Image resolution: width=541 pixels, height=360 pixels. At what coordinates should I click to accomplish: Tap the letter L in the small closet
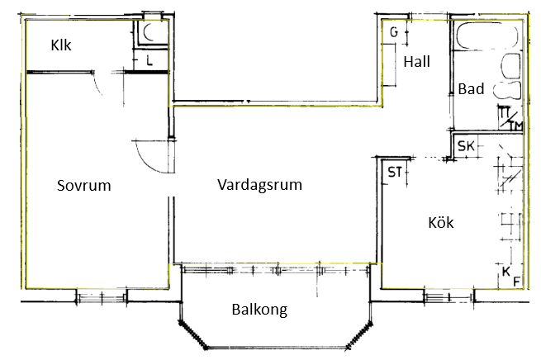click(x=149, y=61)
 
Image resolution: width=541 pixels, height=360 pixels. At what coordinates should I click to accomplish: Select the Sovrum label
click(x=84, y=185)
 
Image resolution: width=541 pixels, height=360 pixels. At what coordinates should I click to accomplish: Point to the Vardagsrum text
click(x=259, y=185)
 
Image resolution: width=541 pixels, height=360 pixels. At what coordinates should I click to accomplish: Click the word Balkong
click(x=260, y=310)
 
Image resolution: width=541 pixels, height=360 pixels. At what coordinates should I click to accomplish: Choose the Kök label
click(x=441, y=222)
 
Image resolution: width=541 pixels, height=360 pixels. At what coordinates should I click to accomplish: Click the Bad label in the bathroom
click(x=471, y=89)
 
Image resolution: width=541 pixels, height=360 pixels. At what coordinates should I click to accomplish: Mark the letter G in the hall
click(x=394, y=32)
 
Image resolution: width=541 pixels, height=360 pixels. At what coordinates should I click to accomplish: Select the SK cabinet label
click(x=466, y=146)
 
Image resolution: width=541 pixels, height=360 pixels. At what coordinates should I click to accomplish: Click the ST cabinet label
click(x=395, y=172)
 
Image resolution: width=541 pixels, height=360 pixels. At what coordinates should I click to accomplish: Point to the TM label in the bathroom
click(x=516, y=126)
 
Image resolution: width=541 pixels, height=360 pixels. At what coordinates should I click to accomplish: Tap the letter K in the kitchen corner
click(x=505, y=272)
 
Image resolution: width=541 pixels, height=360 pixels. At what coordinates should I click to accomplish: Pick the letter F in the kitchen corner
click(x=516, y=282)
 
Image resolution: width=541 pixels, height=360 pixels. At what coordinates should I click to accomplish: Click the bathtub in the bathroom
click(x=486, y=36)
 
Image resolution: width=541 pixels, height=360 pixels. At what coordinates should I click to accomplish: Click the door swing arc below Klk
click(x=96, y=85)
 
